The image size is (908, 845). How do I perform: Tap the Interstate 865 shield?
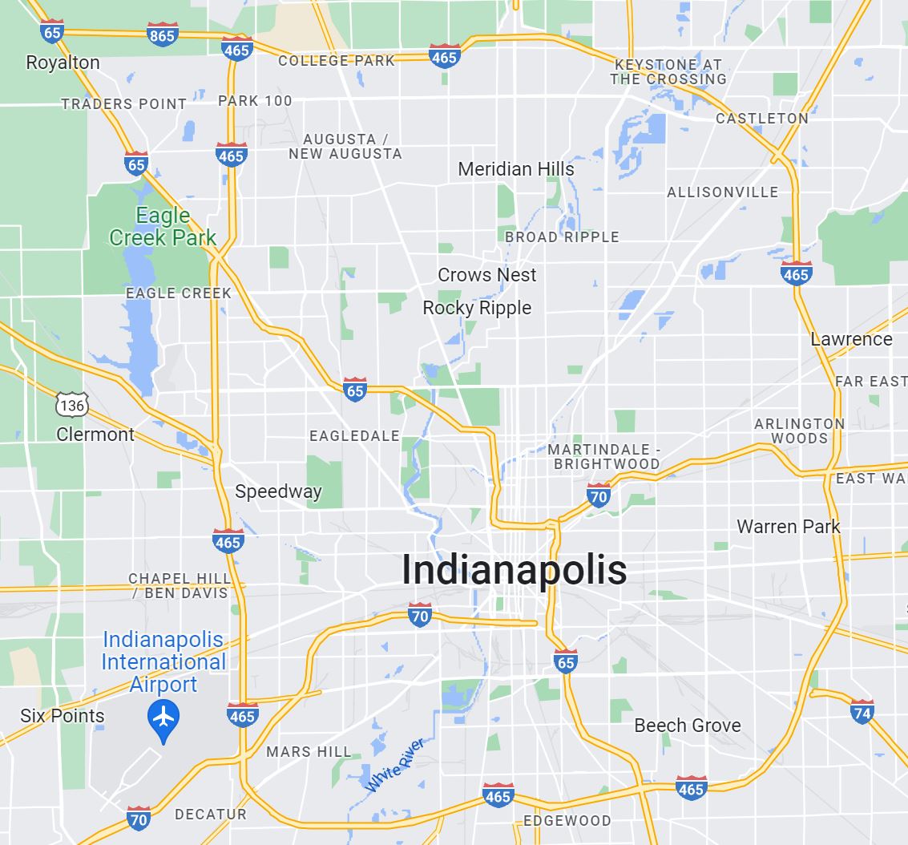tap(162, 34)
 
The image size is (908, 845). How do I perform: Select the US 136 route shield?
tap(71, 406)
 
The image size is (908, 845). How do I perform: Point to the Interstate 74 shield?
tap(862, 711)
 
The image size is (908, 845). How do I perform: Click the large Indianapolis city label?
tap(514, 570)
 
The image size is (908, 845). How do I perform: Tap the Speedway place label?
tap(278, 491)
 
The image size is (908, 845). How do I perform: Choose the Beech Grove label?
tap(687, 726)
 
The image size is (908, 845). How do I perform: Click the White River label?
tap(394, 766)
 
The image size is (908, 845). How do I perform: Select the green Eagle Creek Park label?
tap(163, 227)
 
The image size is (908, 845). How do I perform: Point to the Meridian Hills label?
tap(516, 169)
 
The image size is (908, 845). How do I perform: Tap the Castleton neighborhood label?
tap(761, 119)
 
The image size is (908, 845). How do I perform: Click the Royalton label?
tap(63, 63)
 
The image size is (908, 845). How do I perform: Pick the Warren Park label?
tap(788, 527)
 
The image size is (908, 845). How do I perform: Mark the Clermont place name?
tap(95, 435)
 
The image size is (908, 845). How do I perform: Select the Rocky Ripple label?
tap(477, 308)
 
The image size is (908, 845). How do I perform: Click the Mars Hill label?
tap(309, 752)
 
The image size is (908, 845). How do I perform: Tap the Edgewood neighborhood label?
tap(567, 821)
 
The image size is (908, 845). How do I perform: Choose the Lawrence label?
tap(851, 339)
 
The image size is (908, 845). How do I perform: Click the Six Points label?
tap(63, 716)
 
